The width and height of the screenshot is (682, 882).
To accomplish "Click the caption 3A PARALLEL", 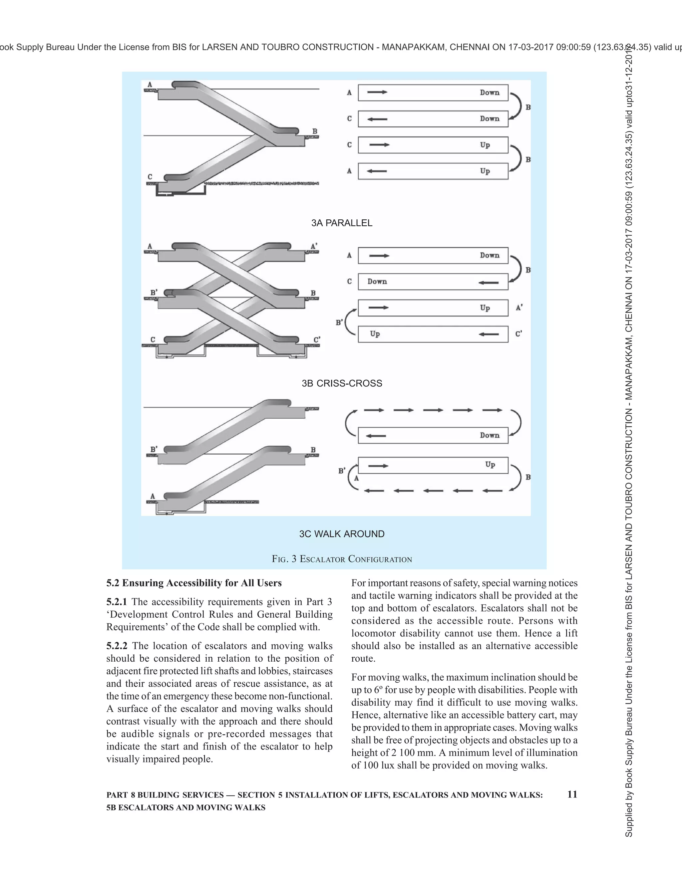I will pos(341,223).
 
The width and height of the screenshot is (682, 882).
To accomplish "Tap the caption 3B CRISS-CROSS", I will pos(341,383).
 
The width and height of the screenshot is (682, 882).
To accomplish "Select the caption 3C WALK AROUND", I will pos(341,534).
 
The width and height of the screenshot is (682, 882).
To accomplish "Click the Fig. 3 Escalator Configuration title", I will pos(342,559).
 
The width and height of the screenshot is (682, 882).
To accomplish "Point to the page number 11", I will pos(572,794).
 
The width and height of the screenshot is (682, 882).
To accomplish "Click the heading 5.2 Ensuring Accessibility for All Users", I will pos(194,583).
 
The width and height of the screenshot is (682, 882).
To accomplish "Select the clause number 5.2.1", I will pos(116,602).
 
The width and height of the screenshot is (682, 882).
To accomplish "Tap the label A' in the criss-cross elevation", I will pos(314,246).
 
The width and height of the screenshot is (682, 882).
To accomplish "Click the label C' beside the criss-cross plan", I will pos(519,334).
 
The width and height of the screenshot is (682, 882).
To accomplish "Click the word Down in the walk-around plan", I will pos(490,435).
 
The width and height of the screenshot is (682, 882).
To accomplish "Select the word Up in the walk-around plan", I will pos(490,464).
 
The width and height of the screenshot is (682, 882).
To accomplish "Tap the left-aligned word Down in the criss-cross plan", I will pos(377,282).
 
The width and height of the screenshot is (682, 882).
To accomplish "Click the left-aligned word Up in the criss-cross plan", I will pos(375,334).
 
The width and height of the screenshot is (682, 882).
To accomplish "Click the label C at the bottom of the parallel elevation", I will pos(150,177).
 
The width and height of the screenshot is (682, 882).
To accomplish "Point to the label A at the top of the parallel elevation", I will pos(150,85).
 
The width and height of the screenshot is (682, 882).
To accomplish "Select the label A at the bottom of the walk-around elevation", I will pos(153,496).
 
